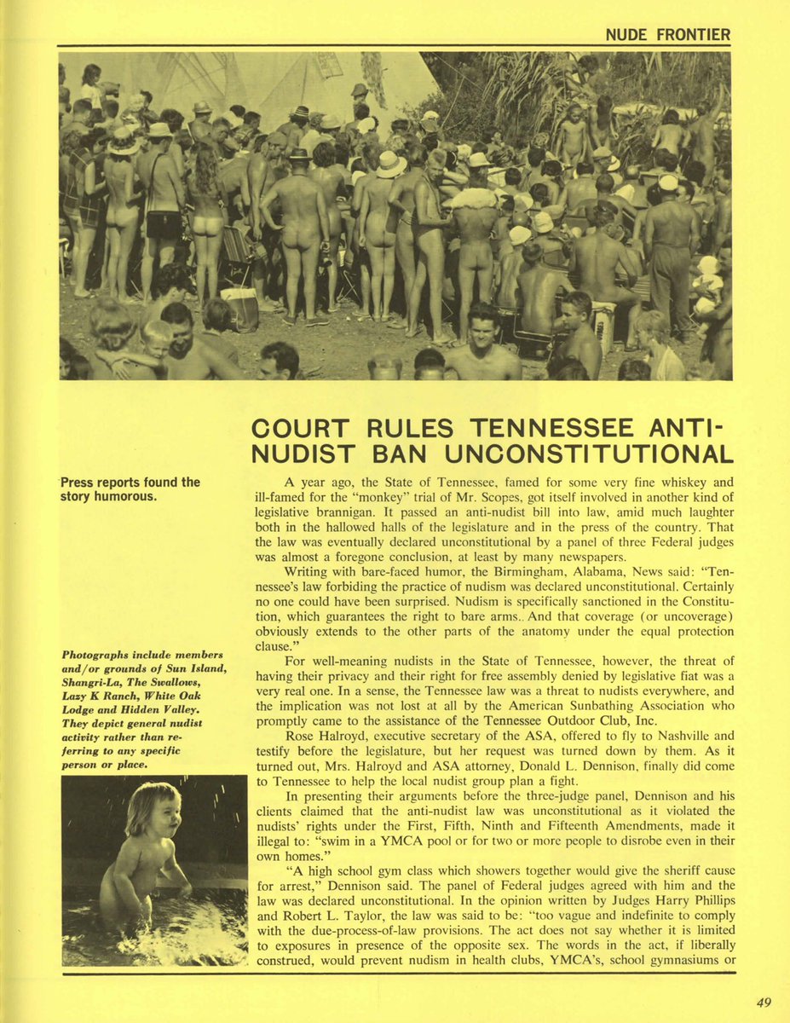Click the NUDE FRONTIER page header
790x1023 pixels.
point(667,35)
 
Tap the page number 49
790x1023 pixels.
point(764,1003)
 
